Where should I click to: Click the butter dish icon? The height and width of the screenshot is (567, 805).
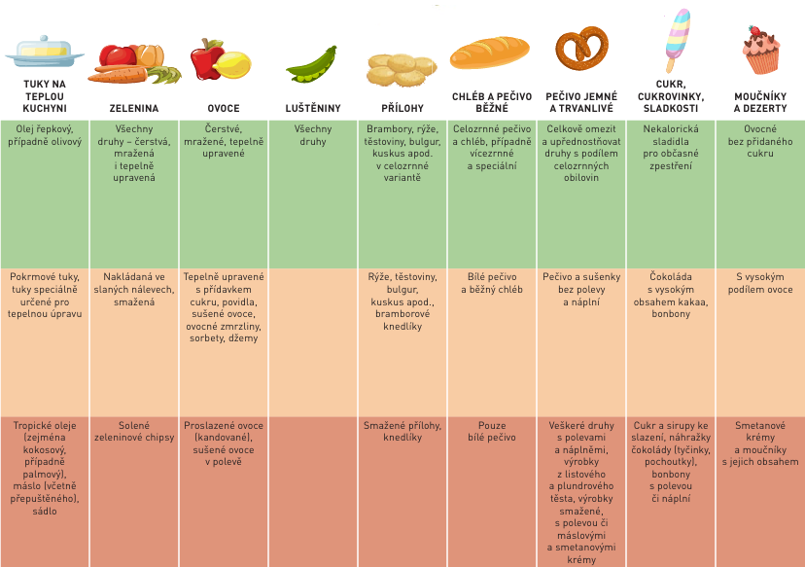click(44, 51)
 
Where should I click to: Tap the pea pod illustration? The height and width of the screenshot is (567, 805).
click(312, 65)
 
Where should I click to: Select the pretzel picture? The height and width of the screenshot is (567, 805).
click(581, 53)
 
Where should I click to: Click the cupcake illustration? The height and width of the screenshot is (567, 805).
click(761, 51)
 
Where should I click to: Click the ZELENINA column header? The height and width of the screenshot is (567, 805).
click(134, 108)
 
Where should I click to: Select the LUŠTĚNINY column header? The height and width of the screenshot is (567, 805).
click(312, 108)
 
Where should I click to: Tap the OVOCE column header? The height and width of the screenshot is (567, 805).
click(224, 108)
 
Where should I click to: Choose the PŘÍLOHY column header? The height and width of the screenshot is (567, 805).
click(402, 108)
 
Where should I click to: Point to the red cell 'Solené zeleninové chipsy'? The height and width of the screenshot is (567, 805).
click(134, 432)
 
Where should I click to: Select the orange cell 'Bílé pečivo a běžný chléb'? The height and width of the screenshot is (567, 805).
click(491, 283)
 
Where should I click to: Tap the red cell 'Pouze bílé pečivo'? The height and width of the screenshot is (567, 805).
click(491, 432)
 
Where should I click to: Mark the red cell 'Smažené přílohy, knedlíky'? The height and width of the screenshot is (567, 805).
click(402, 432)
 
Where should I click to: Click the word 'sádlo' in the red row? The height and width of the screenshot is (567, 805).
click(45, 511)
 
